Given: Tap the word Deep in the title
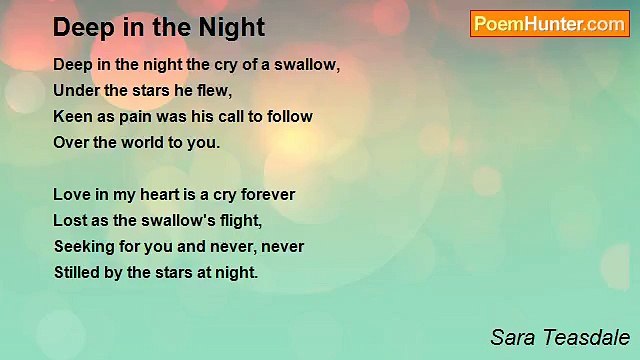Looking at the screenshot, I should (83, 27).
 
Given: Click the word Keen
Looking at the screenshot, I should (71, 116).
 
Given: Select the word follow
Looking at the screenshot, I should (289, 116).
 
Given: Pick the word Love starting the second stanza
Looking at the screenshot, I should (71, 194).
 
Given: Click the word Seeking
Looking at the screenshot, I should (83, 246).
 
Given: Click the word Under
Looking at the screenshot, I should (75, 90).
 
